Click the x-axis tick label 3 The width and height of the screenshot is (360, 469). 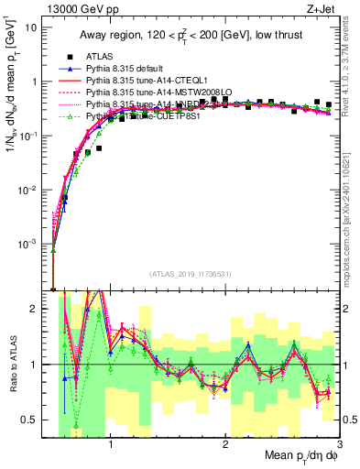[338, 444]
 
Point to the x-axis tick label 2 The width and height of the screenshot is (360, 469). [224, 444]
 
